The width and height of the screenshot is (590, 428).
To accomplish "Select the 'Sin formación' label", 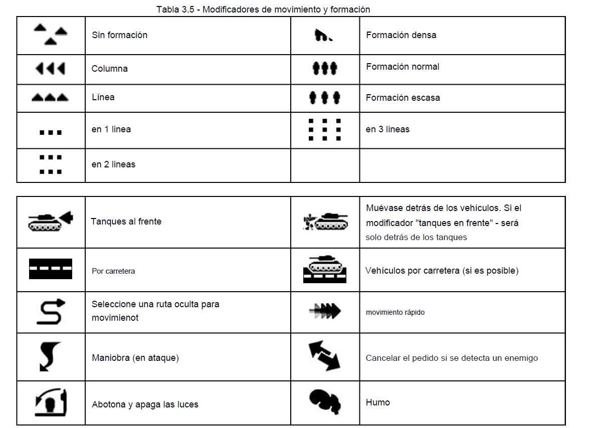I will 119,35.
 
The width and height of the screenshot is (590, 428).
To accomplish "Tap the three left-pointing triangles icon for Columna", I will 50,69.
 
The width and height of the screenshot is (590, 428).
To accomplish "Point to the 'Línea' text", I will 103,97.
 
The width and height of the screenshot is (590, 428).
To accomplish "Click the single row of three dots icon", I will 50,133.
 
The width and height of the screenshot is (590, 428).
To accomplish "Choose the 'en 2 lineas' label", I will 113,164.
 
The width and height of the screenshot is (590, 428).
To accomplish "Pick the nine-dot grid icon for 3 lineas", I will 325,130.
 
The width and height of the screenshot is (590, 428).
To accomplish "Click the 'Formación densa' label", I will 401,35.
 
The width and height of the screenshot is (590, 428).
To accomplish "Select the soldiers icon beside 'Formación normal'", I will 325,68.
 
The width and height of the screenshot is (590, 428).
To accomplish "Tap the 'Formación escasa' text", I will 403,98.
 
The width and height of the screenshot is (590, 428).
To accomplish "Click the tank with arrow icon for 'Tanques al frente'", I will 50,221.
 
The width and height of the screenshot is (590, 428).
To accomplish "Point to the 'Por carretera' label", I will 113,271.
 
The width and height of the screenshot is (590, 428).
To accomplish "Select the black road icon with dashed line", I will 50,269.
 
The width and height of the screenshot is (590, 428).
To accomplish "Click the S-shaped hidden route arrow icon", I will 50,311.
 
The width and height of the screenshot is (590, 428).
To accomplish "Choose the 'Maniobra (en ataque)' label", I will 135,358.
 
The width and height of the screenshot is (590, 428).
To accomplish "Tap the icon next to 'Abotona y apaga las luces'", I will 50,402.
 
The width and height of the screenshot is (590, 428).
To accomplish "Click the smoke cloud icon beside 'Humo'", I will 325,402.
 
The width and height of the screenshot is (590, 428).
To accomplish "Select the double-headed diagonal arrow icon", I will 324,356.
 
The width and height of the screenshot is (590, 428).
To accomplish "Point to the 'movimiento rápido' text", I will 395,312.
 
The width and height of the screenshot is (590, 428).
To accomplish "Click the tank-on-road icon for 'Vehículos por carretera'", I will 325,269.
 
